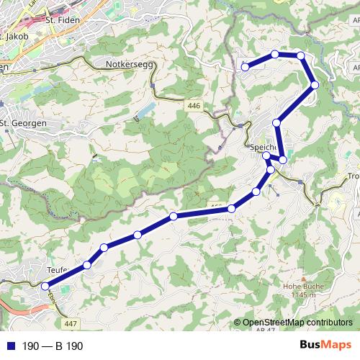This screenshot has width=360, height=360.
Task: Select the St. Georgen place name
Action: pyautogui.click(x=24, y=122)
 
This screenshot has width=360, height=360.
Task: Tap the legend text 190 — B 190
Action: pyautogui.click(x=53, y=346)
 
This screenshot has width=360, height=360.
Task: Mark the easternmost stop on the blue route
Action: pyautogui.click(x=315, y=86)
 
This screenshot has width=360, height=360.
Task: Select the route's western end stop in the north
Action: pyautogui.click(x=245, y=67)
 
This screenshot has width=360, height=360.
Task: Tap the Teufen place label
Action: pyautogui.click(x=58, y=269)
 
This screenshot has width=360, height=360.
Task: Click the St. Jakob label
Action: pyautogui.click(x=16, y=35)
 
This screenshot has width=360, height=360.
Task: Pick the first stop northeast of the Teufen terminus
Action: pyautogui.click(x=87, y=265)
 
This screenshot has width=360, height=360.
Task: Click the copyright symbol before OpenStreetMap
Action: pyautogui.click(x=239, y=323)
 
